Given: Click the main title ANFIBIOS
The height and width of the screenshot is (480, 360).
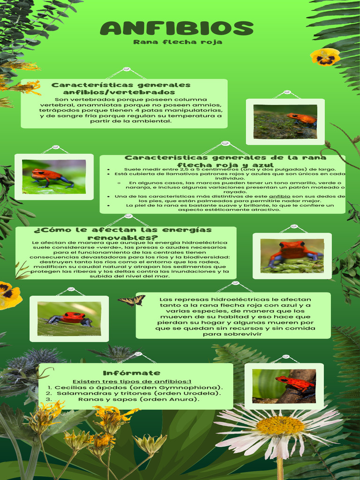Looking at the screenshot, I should pyautogui.click(x=176, y=29).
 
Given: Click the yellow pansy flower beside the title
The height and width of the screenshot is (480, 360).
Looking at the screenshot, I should pyautogui.click(x=325, y=57).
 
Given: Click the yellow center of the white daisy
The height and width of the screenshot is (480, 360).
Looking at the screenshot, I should pyautogui.click(x=280, y=425).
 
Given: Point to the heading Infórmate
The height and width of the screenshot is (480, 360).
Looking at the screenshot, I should pyautogui.click(x=125, y=373).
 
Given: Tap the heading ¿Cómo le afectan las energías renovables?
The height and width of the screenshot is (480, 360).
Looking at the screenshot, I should pyautogui.click(x=123, y=233).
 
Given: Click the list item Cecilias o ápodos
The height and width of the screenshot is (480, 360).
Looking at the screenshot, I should pyautogui.click(x=138, y=388).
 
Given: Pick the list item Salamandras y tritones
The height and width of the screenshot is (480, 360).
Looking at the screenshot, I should pyautogui.click(x=138, y=394).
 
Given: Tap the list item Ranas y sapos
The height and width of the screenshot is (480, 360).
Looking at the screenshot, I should pyautogui.click(x=138, y=400).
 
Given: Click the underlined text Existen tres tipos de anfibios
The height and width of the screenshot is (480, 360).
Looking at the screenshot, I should pyautogui.click(x=131, y=382).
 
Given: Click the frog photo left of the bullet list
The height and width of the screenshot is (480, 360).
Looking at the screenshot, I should pyautogui.click(x=54, y=177).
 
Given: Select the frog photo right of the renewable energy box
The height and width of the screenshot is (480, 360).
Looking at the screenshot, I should pyautogui.click(x=292, y=256).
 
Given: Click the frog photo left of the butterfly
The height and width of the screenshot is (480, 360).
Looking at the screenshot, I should pyautogui.click(x=69, y=319).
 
